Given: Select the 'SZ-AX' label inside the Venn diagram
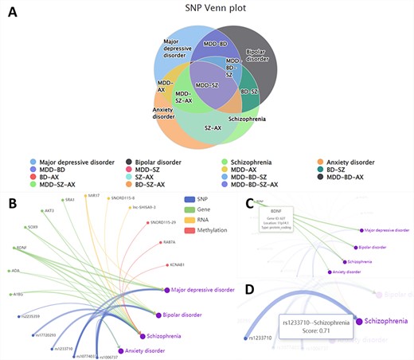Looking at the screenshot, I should point(212,127).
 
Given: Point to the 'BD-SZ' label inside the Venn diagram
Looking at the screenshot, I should point(249,92).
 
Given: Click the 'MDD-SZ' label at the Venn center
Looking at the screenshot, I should point(206,85).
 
